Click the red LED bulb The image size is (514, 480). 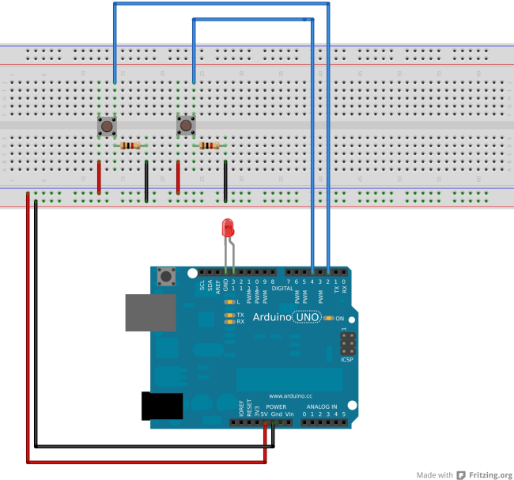(229, 229)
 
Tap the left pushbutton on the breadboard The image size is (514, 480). (105, 126)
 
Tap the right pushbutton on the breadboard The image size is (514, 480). (185, 126)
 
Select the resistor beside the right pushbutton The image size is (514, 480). (210, 146)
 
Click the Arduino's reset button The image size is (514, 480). (167, 277)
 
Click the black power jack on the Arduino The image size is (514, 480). (161, 405)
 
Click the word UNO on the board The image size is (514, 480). (305, 318)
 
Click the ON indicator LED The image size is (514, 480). (328, 318)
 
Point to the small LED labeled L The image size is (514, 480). (229, 302)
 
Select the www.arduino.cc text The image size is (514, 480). (292, 395)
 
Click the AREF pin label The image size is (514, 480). (217, 285)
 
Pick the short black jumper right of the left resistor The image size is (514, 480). (146, 178)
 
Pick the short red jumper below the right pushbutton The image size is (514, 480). (178, 178)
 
